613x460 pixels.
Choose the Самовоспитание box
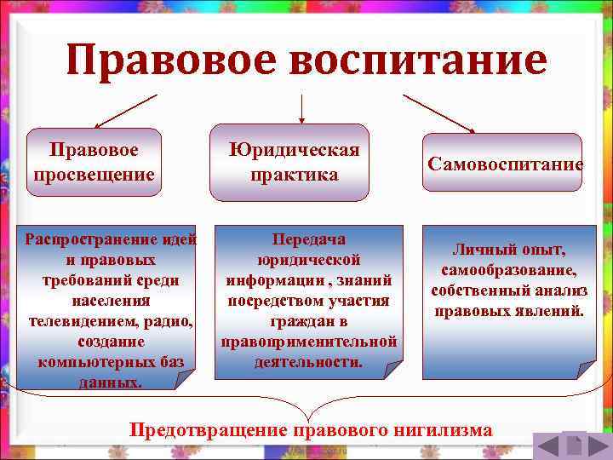click(x=505, y=163)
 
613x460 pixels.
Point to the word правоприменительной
click(x=308, y=341)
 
